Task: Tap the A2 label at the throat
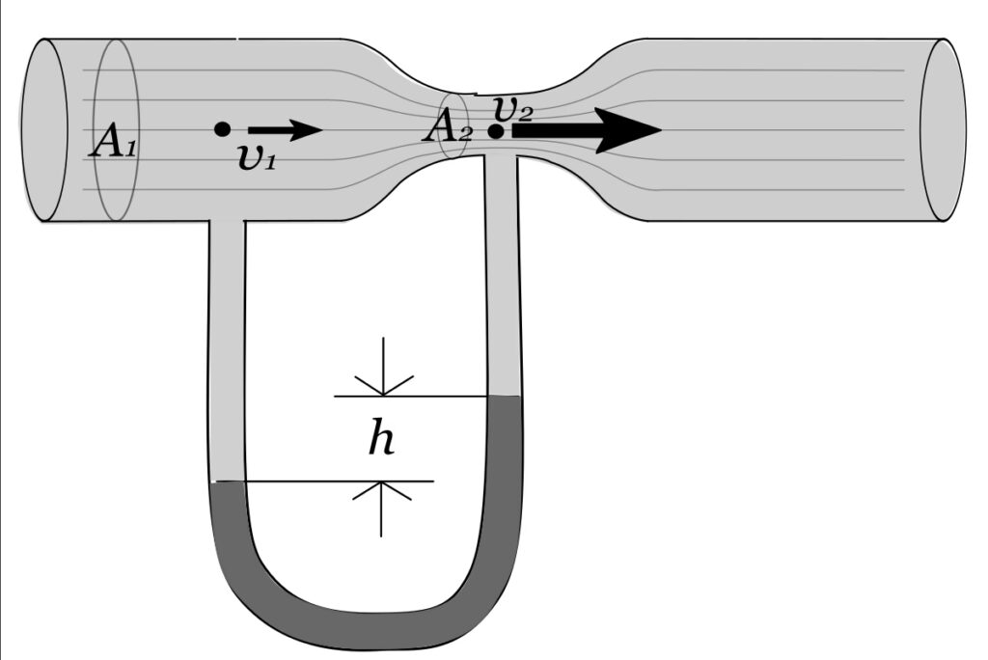(x=445, y=128)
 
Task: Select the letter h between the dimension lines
(x=382, y=440)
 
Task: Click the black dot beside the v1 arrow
(x=222, y=128)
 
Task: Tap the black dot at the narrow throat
(x=495, y=131)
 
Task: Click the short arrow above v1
(x=285, y=129)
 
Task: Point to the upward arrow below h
(x=382, y=507)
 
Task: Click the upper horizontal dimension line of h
(x=415, y=396)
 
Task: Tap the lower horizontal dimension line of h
(x=328, y=481)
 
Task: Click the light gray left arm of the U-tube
(x=227, y=347)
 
